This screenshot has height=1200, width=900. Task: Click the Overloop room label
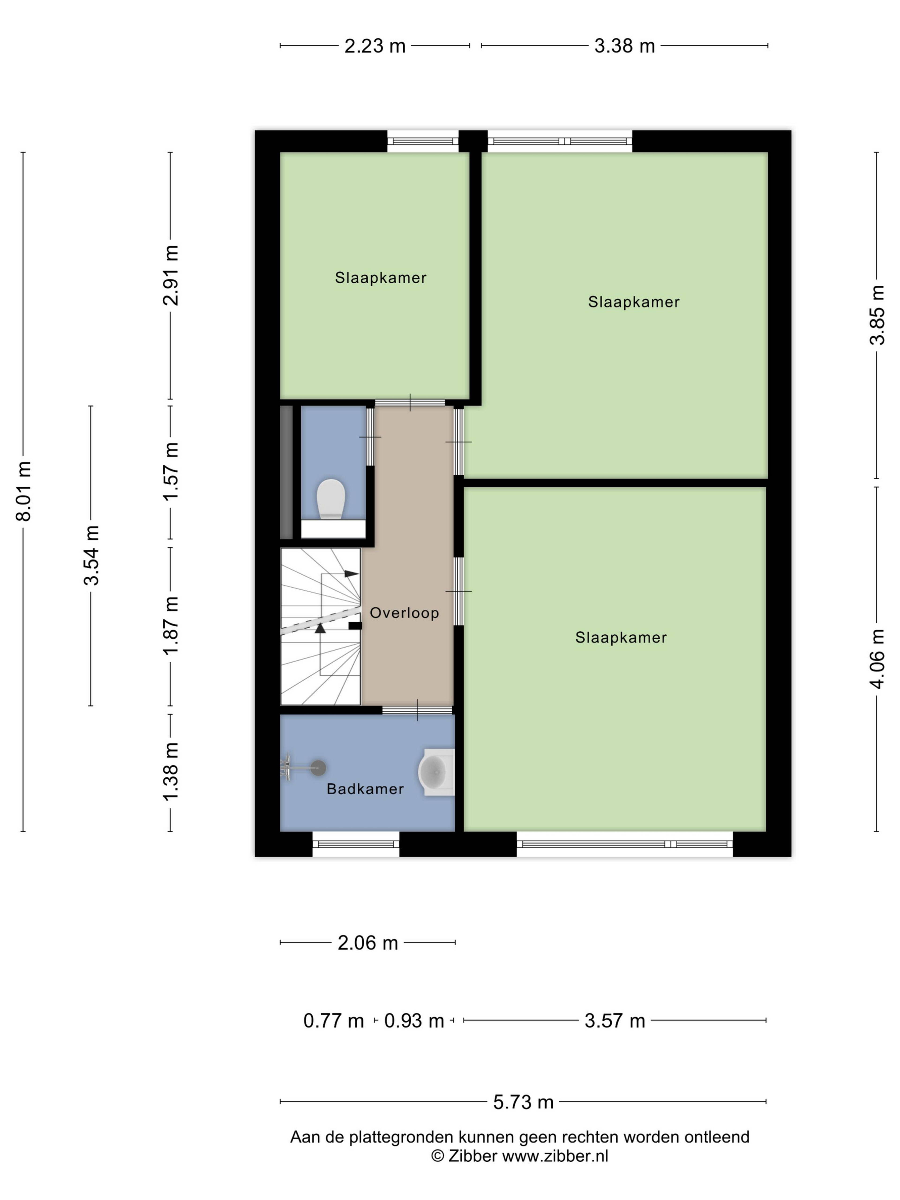pos(404,613)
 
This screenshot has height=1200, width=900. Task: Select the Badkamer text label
pos(365,789)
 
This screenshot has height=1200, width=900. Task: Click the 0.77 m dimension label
pos(333,1021)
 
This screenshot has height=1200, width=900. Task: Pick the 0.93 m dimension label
pos(414,1021)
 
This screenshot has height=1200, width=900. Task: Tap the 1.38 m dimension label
pos(170,771)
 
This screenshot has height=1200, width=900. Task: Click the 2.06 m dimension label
pos(368,943)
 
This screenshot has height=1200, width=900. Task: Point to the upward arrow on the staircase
pos(320,628)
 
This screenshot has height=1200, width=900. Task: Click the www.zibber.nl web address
pos(555,1156)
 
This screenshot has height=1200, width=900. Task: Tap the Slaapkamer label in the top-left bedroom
pos(380,278)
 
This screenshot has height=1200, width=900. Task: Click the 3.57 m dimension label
pos(615,1021)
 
